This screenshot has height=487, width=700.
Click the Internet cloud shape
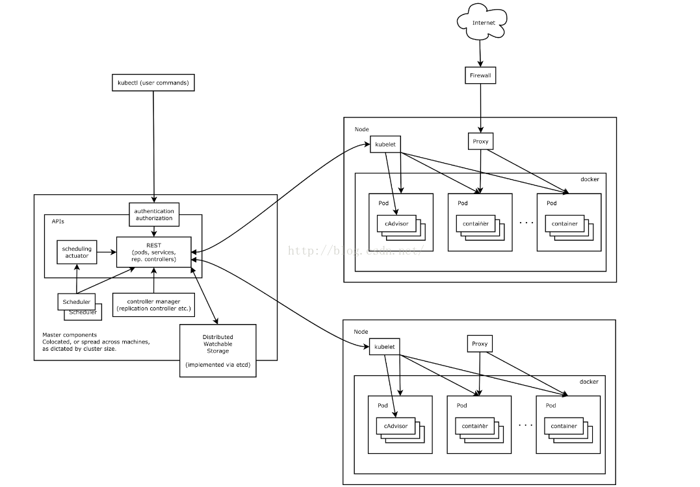[482, 22]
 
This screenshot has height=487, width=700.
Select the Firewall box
[480, 75]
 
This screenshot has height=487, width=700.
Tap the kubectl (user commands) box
[153, 82]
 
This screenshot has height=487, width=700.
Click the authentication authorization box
[154, 214]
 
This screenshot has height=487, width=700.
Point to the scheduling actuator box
[77, 252]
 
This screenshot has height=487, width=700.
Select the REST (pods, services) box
[154, 252]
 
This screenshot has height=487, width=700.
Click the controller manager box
[153, 305]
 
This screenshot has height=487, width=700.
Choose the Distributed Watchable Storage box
[218, 351]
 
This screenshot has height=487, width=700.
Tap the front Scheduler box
[76, 302]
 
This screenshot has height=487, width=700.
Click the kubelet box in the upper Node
[385, 145]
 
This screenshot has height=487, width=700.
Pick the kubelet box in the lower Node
[384, 347]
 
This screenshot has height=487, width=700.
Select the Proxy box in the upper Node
[480, 142]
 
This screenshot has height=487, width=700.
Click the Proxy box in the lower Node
[480, 344]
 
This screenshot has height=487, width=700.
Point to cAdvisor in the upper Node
[396, 223]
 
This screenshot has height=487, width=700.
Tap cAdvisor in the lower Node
[396, 426]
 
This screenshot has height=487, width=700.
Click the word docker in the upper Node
[590, 179]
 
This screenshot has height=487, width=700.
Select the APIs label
[58, 221]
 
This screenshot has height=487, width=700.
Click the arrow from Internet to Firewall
[480, 53]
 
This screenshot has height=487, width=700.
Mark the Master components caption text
[96, 342]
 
